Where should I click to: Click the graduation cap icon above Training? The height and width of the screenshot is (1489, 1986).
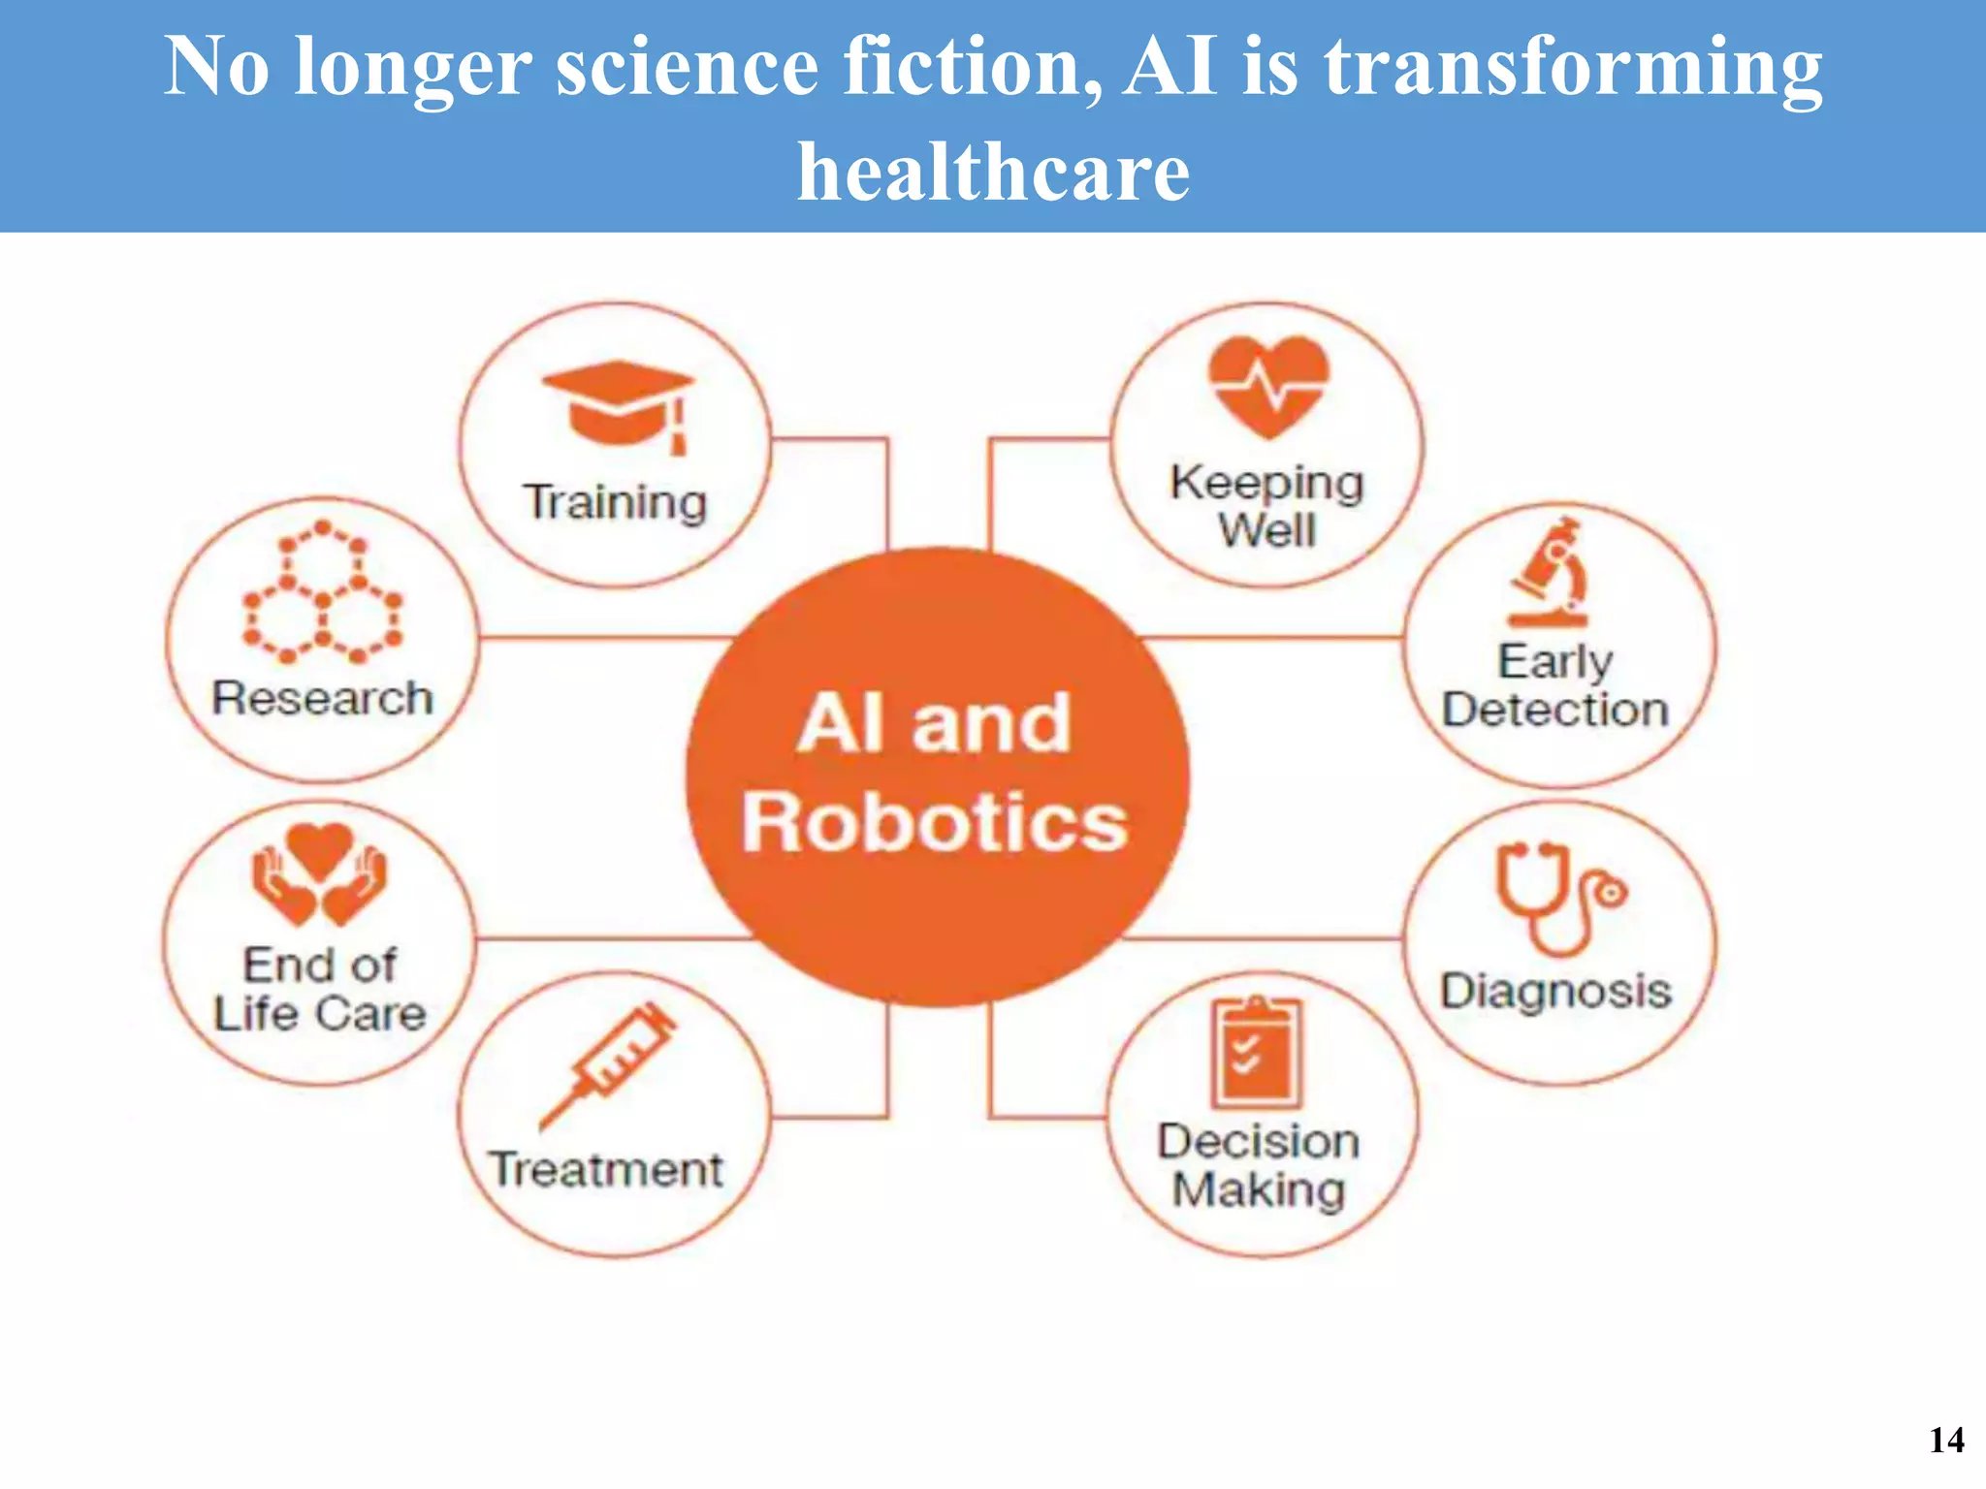[x=618, y=404]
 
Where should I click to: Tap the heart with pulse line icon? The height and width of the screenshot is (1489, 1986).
[x=1267, y=386]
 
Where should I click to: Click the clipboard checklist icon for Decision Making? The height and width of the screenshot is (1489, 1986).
[x=1256, y=1053]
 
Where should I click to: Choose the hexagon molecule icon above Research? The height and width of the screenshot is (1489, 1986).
[x=322, y=592]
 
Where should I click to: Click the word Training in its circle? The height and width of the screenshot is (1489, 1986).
[x=616, y=502]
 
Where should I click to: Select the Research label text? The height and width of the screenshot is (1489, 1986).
[x=322, y=698]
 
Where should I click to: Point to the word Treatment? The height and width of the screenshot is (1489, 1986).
[x=606, y=1169]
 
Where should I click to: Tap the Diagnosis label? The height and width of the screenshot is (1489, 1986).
[x=1556, y=992]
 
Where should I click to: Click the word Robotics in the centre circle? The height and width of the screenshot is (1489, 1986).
[x=935, y=822]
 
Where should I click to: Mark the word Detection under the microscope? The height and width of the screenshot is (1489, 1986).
[x=1554, y=710]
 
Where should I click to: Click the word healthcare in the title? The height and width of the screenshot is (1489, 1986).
[x=993, y=172]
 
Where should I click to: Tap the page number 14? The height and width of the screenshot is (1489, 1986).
[x=1946, y=1440]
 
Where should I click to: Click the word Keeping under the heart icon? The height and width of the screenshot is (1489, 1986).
[x=1266, y=483]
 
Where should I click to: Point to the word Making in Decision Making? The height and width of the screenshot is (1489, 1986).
[x=1259, y=1189]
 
